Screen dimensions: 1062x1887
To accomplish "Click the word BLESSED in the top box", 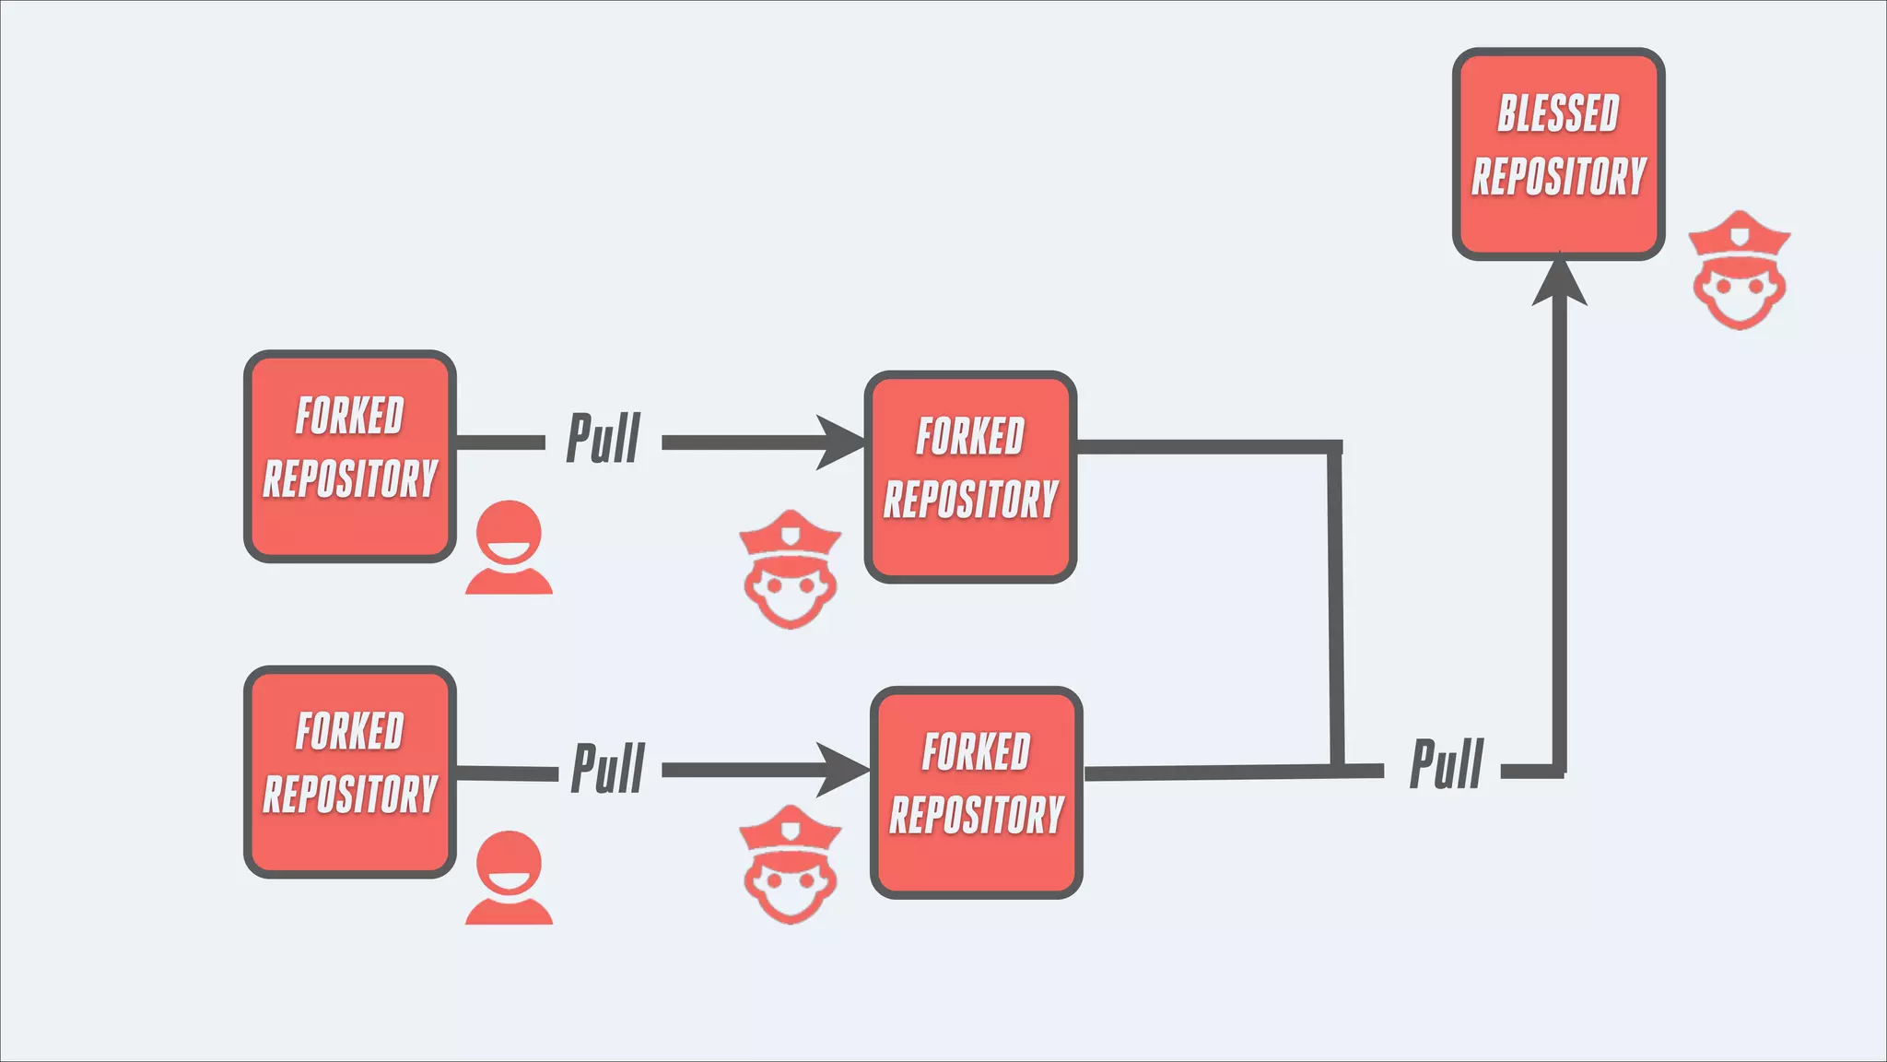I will point(1558,114).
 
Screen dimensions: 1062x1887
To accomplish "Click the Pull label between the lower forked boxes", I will point(608,768).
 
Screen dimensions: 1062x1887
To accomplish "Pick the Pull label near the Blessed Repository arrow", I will point(1447,764).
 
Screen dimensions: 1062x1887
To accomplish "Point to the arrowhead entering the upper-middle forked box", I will point(840,442).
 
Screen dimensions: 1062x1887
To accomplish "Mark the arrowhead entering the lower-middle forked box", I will point(843,770).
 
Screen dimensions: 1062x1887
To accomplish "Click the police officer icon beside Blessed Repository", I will point(1740,271).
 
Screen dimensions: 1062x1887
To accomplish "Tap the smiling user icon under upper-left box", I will point(509,548).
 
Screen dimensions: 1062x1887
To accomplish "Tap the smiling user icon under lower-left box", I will point(509,878).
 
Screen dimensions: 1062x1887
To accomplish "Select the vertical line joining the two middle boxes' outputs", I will point(1335,608).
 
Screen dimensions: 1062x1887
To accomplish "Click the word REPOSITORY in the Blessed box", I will point(1558,177).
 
